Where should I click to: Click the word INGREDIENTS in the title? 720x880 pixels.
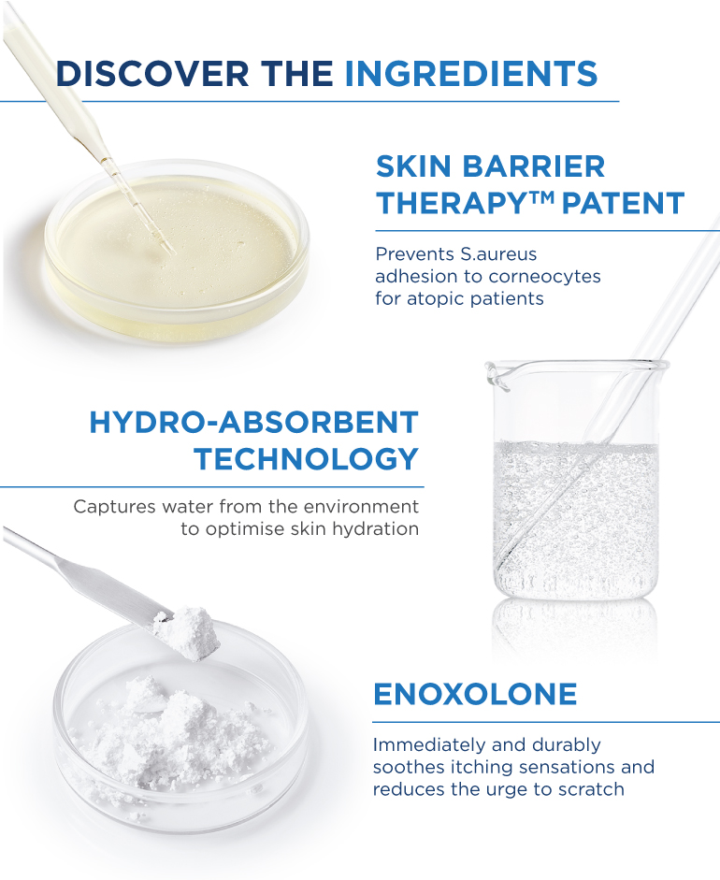point(471,74)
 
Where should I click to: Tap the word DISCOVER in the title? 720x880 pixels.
point(152,74)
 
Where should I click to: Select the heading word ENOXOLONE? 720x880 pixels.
point(475,694)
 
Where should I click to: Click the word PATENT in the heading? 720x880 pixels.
point(623,203)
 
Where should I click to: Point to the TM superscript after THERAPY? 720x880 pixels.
point(541,196)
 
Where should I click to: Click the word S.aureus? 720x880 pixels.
point(498,254)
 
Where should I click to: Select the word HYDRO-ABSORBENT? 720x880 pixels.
point(253,422)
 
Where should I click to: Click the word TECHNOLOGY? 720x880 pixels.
point(307,458)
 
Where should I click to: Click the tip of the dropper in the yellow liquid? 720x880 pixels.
point(167,252)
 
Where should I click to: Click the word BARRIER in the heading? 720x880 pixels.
point(533,166)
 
